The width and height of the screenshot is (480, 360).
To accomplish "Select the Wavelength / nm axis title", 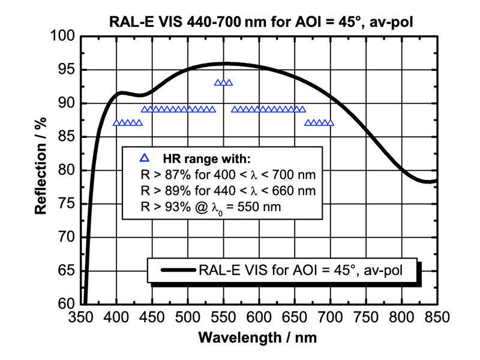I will click(258, 338).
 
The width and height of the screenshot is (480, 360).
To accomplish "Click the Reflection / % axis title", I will click(41, 170).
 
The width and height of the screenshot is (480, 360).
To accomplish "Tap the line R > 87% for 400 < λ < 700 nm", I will click(221, 175).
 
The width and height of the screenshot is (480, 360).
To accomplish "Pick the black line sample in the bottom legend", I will click(173, 271).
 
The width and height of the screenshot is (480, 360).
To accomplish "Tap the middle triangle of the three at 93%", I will click(223, 82).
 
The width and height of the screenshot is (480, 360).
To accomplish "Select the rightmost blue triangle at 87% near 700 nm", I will click(329, 122).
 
